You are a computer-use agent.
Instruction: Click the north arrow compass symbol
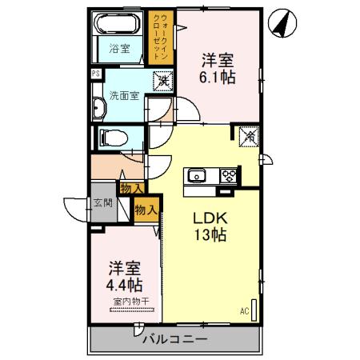coord(281,24)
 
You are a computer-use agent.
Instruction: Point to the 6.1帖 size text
coord(217,78)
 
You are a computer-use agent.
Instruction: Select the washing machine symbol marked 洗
coord(162,80)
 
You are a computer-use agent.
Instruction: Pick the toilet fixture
coord(112,137)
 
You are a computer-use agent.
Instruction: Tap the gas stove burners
coord(229,174)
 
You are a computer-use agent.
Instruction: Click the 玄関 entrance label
coord(103,203)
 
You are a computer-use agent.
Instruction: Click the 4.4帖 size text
coord(125,284)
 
